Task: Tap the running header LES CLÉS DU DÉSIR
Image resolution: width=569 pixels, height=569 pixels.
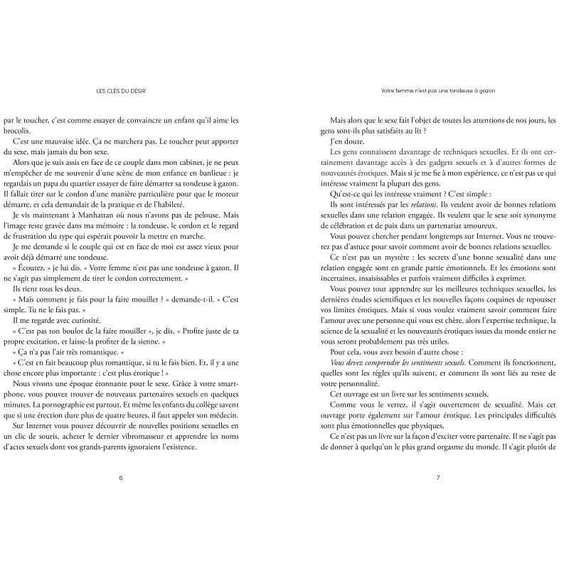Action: (125, 90)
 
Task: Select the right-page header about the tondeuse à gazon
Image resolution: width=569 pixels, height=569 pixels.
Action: (438, 90)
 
